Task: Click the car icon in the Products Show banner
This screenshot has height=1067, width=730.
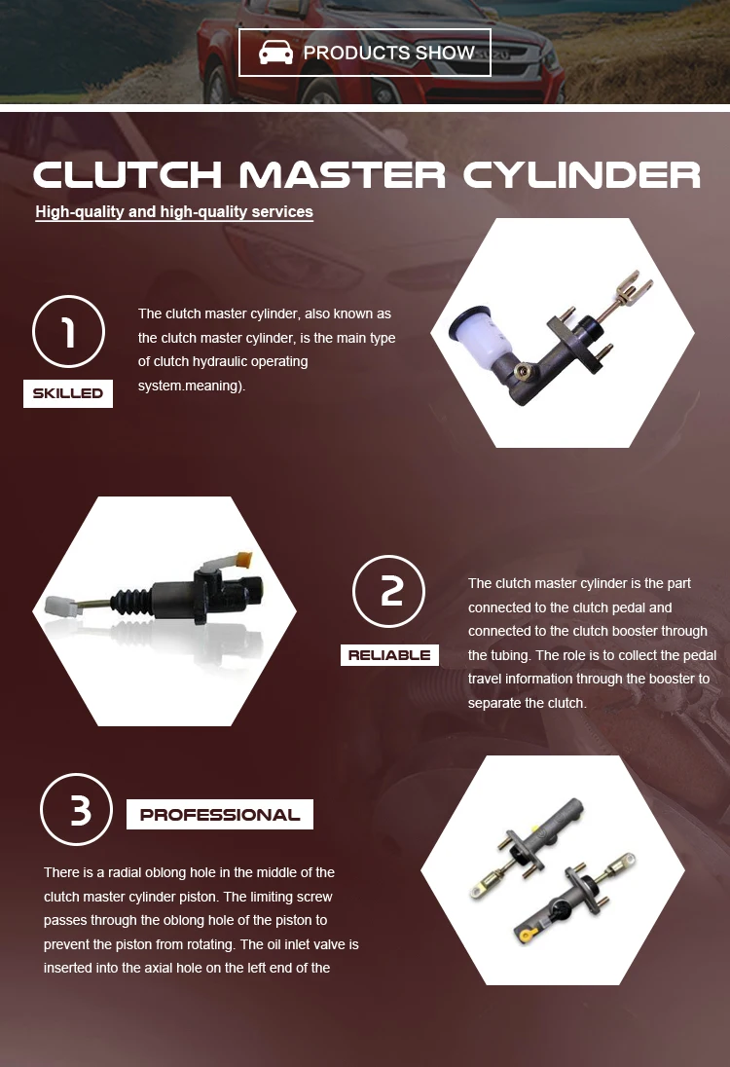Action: tap(275, 53)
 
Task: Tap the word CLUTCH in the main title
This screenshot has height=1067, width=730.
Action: tap(127, 175)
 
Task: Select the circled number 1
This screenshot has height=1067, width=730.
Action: tap(68, 332)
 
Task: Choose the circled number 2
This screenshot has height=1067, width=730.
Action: tap(389, 591)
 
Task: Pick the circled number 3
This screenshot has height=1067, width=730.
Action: tap(77, 810)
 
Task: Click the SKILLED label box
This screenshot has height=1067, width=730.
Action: tap(68, 393)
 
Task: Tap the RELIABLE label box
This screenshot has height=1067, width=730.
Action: tap(389, 655)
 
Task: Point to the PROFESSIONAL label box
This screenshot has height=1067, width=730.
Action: tap(220, 815)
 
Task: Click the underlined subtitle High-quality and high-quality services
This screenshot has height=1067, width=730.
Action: tap(174, 211)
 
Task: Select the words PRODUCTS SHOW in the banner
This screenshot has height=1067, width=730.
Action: tap(389, 53)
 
